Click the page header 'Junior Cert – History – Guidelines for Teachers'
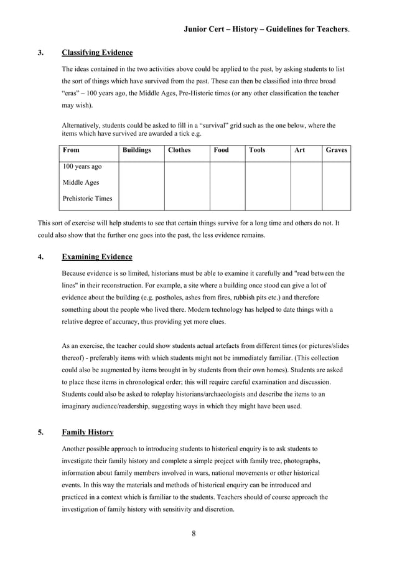pos(266,29)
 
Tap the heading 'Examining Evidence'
pos(96,256)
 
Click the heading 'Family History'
pos(87,432)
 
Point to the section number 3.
pos(40,52)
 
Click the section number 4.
pos(40,256)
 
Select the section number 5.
pos(40,432)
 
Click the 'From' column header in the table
pos(71,150)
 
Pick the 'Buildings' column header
pos(136,150)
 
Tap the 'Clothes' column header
pos(179,150)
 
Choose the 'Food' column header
pos(221,150)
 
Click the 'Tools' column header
pos(257,150)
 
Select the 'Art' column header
pos(299,150)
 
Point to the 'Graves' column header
pos(337,150)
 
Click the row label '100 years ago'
pos(82,167)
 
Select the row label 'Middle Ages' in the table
pos(81,183)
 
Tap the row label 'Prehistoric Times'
pos(88,199)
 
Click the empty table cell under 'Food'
pos(227,185)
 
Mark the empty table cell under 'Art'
pos(306,185)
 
